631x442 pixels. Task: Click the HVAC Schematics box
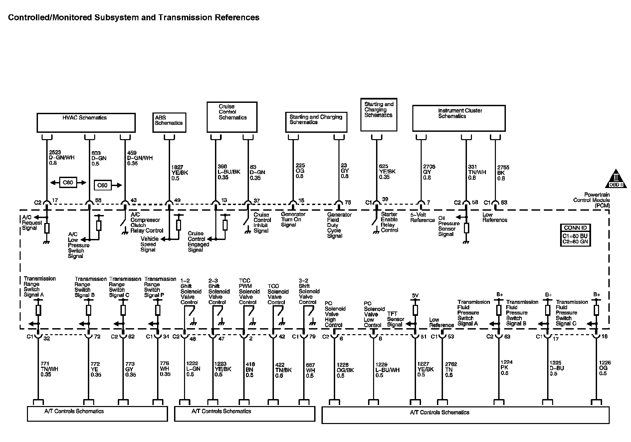click(86, 122)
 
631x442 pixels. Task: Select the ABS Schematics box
click(169, 122)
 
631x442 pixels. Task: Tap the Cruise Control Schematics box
click(232, 117)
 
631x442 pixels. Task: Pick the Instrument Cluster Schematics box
click(459, 118)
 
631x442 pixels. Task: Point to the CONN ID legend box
click(575, 235)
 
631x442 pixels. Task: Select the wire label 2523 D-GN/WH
click(62, 158)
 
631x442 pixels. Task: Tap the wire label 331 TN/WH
click(477, 172)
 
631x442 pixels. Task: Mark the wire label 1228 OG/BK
click(345, 370)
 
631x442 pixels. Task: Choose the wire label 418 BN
click(249, 370)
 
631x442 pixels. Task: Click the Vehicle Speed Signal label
click(149, 244)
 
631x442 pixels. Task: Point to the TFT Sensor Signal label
click(395, 319)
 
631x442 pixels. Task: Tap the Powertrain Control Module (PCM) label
click(591, 200)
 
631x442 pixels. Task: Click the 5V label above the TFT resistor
click(415, 296)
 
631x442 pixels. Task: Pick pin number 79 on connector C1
click(312, 337)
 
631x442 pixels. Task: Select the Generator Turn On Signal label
click(293, 220)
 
